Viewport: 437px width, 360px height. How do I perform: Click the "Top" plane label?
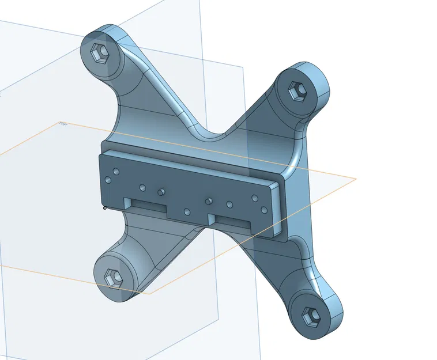pos(63,124)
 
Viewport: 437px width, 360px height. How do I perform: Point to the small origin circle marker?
pos(104,207)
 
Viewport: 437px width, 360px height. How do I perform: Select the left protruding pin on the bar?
pos(162,190)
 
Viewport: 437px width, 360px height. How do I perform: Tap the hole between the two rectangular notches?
pos(187,211)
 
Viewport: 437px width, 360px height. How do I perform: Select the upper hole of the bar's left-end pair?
pos(116,172)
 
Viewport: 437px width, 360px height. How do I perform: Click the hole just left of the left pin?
pos(142,187)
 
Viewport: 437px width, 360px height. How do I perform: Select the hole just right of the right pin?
pos(229,204)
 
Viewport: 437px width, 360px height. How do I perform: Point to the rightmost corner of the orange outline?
pos(356,178)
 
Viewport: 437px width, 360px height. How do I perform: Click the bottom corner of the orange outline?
pos(150,293)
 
